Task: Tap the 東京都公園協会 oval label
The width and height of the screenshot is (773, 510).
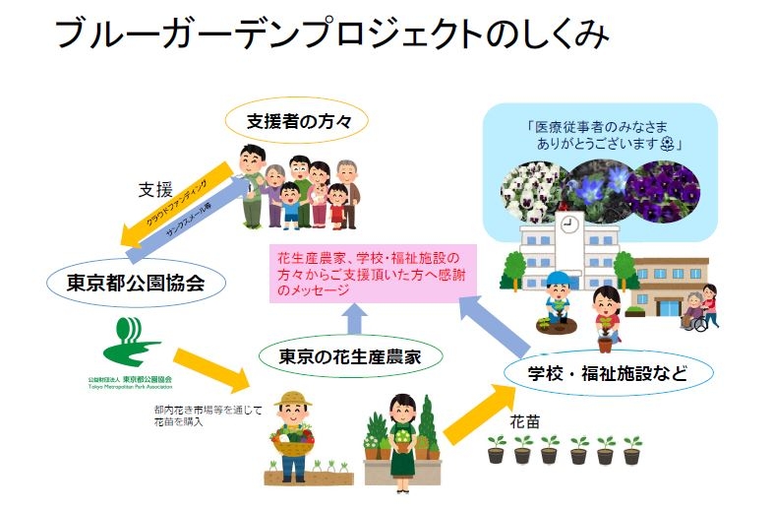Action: click(136, 285)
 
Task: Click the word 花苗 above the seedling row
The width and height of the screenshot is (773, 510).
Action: click(524, 419)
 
